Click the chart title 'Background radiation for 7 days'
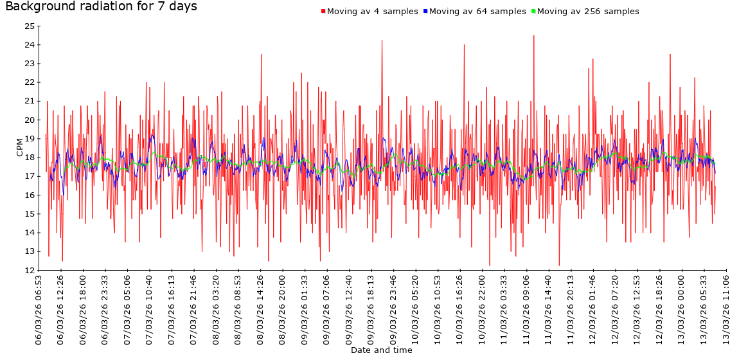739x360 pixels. click(x=101, y=7)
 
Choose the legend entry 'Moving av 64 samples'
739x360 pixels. click(x=477, y=12)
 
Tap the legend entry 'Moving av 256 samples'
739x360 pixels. click(x=588, y=12)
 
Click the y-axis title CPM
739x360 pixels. click(x=19, y=147)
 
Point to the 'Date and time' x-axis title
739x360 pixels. click(x=381, y=350)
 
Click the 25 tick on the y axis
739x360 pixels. click(x=29, y=26)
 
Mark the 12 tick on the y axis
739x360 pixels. click(x=29, y=271)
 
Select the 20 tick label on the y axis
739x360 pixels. click(x=29, y=120)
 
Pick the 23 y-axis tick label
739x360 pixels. click(x=29, y=64)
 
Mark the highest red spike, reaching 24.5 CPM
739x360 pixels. click(x=533, y=36)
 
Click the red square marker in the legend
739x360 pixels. click(x=323, y=12)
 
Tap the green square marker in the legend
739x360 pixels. click(x=533, y=12)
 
